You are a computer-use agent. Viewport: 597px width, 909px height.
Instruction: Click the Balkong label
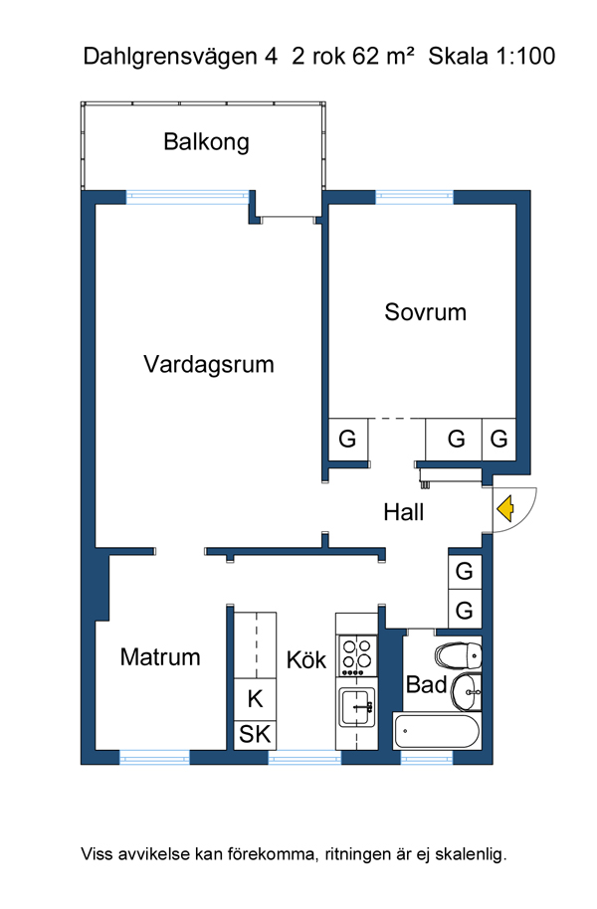(x=207, y=142)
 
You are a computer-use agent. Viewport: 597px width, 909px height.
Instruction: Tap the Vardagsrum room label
(x=209, y=365)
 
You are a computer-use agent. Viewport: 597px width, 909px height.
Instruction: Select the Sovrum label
(x=425, y=312)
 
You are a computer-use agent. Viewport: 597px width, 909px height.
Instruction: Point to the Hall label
(x=404, y=512)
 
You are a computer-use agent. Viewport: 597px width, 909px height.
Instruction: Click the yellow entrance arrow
(x=504, y=509)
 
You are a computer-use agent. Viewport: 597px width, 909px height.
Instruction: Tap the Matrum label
(x=160, y=656)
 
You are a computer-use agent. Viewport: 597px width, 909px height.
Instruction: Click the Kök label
(x=306, y=659)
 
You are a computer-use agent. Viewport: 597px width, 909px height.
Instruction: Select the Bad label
(x=427, y=684)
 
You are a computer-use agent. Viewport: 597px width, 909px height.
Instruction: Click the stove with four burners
(x=357, y=655)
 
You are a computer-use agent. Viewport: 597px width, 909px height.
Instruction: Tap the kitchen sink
(x=357, y=706)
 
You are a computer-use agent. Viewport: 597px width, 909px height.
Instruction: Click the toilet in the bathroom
(x=459, y=655)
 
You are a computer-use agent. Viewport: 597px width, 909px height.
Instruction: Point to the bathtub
(x=436, y=731)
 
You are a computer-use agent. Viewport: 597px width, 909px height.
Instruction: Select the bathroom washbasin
(x=467, y=691)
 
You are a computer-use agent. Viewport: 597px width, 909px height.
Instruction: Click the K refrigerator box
(x=255, y=699)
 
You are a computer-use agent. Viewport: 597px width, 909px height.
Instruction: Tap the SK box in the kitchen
(x=255, y=735)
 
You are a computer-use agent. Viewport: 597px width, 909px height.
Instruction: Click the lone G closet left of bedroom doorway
(x=347, y=439)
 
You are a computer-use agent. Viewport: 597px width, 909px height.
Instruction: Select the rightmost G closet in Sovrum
(x=498, y=439)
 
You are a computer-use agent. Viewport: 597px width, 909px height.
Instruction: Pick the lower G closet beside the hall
(x=464, y=610)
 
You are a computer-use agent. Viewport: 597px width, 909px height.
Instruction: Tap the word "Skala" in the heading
(x=459, y=57)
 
